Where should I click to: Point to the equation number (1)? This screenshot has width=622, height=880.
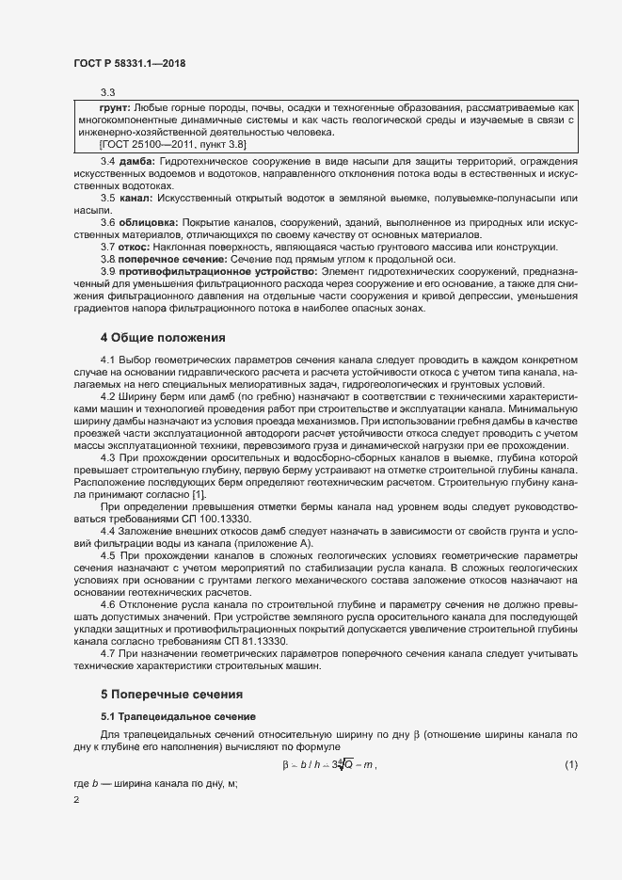click(570, 764)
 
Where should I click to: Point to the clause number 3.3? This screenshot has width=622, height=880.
click(106, 92)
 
